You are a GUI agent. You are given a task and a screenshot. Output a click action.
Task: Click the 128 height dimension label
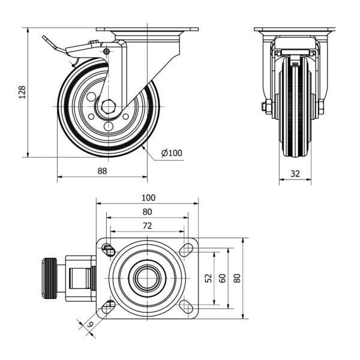(22, 92)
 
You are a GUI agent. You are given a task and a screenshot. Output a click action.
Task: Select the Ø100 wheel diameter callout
(172, 153)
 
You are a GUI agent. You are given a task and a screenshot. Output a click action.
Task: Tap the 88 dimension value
(102, 171)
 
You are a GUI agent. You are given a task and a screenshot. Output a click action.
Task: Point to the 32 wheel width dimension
(295, 173)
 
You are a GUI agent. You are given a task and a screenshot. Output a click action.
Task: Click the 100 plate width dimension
(148, 197)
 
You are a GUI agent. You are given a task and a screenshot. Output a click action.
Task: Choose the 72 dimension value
(147, 226)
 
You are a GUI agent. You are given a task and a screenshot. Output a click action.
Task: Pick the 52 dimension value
(208, 278)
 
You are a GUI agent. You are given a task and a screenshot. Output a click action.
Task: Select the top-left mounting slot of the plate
(109, 248)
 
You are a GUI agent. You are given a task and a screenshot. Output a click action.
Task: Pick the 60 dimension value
(222, 278)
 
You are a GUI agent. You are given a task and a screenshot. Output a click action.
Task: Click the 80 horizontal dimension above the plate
(147, 212)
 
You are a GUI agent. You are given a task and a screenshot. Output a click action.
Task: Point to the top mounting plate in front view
(294, 29)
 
